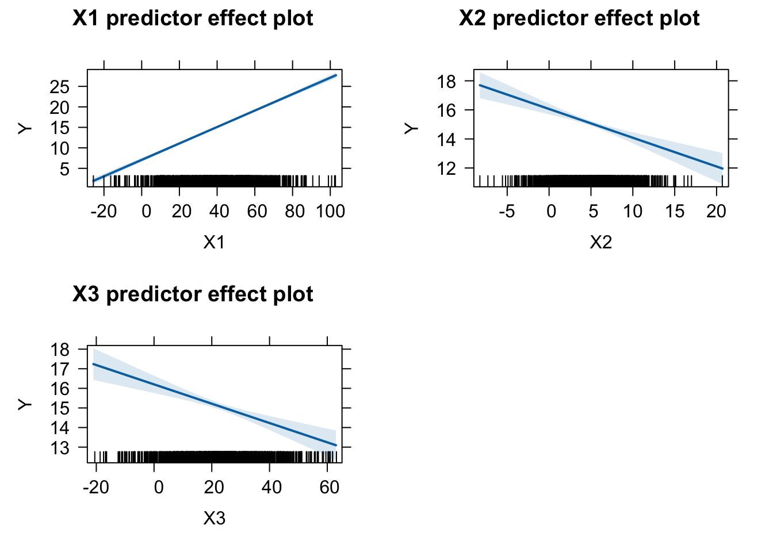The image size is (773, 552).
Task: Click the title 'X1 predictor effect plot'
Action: tap(193, 18)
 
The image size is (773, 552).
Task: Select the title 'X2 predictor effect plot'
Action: tap(579, 18)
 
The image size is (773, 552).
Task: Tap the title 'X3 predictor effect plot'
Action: tap(193, 294)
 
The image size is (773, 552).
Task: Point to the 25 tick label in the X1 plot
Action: tap(60, 87)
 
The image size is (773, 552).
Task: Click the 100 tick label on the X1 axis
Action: tap(330, 212)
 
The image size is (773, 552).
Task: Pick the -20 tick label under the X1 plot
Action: tap(104, 212)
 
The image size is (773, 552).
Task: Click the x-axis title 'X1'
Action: tap(214, 242)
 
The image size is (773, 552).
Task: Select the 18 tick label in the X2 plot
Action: tap(446, 82)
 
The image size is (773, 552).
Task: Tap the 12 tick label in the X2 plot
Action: tap(446, 168)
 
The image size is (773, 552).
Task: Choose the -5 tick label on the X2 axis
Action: tap(507, 212)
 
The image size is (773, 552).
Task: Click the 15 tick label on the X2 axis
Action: tap(675, 212)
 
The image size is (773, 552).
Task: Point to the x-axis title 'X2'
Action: tap(600, 242)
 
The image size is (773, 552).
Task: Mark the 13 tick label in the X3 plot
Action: tap(60, 447)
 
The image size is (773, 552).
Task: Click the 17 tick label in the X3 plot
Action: tap(60, 369)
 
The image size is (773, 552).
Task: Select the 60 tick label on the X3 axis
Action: tap(329, 488)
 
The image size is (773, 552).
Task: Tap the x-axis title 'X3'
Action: tap(214, 518)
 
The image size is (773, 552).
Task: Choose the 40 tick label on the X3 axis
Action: tap(271, 488)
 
